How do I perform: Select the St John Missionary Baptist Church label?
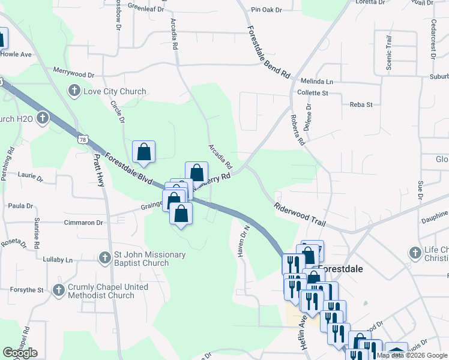click(149, 259)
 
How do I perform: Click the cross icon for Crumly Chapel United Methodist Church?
click(58, 291)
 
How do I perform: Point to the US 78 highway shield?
click(82, 139)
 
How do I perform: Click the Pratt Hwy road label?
click(99, 170)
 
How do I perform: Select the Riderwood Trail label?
click(300, 214)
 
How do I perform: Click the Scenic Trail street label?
click(389, 53)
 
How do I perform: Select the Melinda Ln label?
click(316, 81)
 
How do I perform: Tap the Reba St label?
click(361, 104)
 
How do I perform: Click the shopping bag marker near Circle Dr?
click(144, 152)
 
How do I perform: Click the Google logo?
click(20, 353)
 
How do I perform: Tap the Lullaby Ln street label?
click(58, 260)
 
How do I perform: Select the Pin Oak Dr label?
click(267, 10)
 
